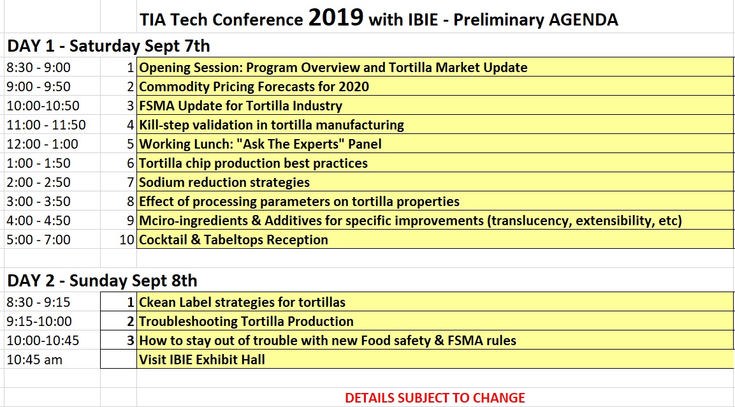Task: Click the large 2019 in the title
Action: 335,18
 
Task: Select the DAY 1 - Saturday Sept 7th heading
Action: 108,46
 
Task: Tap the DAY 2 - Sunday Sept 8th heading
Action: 102,281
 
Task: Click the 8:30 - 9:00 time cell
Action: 38,68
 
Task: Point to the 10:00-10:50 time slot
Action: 43,106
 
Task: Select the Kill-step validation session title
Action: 272,125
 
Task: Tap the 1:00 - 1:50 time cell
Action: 38,163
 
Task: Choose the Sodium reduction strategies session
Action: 224,182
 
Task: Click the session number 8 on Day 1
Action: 130,202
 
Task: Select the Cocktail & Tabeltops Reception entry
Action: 233,240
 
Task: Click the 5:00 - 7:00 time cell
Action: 38,240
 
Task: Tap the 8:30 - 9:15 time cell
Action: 38,302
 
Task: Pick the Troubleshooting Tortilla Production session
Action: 247,322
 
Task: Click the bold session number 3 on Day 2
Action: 130,341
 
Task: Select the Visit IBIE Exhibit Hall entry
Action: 202,360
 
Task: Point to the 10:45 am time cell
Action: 34,360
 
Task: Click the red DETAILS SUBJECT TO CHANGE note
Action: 435,398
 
